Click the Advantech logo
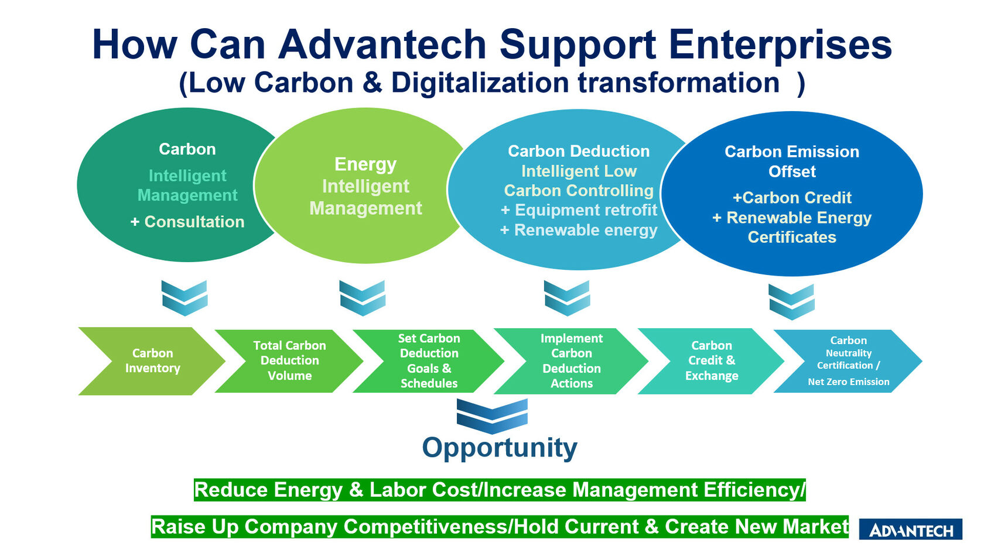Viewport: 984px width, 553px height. pyautogui.click(x=910, y=530)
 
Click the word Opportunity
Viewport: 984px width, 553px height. pyautogui.click(x=500, y=448)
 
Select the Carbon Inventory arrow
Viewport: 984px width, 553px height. pyautogui.click(x=152, y=361)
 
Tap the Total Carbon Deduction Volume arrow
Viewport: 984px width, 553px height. pyautogui.click(x=289, y=361)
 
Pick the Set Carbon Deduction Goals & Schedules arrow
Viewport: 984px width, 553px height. pyautogui.click(x=429, y=361)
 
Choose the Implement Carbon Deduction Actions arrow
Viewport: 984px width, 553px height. pyautogui.click(x=571, y=361)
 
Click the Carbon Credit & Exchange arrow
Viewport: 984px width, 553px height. pyautogui.click(x=711, y=361)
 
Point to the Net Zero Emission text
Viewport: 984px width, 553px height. pyautogui.click(x=848, y=382)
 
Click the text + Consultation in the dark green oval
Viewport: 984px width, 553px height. pyautogui.click(x=187, y=222)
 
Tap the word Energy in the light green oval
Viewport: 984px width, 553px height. pyautogui.click(x=365, y=164)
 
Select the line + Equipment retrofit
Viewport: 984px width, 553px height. pyautogui.click(x=579, y=210)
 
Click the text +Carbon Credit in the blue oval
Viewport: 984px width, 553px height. pyautogui.click(x=792, y=198)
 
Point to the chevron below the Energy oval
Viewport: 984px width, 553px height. pyautogui.click(x=363, y=298)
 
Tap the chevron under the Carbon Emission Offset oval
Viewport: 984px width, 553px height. pyautogui.click(x=791, y=301)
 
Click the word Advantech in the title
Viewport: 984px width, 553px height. pyautogui.click(x=382, y=45)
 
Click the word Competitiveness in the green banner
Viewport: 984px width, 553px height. pyautogui.click(x=426, y=527)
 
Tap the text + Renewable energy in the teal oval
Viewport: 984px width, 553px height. pyautogui.click(x=579, y=231)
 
